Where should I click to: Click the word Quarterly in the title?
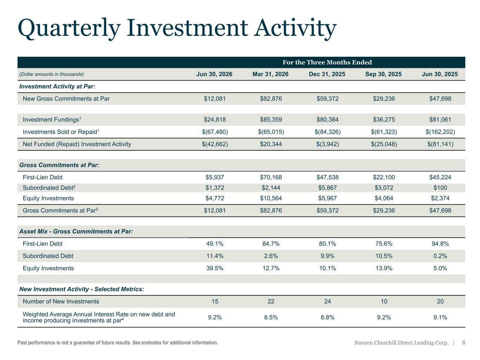pos(69,28)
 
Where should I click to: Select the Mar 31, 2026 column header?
pos(270,74)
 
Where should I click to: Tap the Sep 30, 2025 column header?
pos(383,74)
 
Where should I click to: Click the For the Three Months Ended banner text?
pos(327,62)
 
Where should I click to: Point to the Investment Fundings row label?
pos(52,119)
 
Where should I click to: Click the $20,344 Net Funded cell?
pos(271,144)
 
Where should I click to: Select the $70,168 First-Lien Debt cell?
pos(271,177)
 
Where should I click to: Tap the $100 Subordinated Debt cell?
pos(440,187)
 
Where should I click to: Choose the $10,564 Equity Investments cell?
pos(271,198)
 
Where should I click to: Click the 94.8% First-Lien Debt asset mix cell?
pos(440,244)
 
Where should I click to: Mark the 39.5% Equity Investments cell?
pos(215,268)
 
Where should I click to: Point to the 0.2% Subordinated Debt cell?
pos(440,256)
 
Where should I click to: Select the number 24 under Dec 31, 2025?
pos(327,301)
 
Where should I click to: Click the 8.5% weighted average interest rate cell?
pos(271,317)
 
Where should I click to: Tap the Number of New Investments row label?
pos(61,301)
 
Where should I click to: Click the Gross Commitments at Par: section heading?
pos(59,165)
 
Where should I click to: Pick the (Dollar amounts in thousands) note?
pos(51,74)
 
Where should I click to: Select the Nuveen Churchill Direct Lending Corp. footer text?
pos(401,342)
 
